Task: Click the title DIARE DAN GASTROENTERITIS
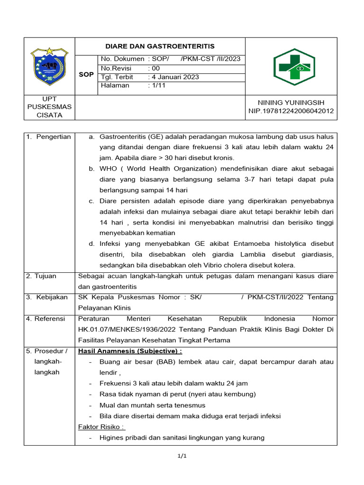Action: [x=160, y=46]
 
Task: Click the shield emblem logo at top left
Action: [x=49, y=65]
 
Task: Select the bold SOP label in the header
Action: [x=86, y=75]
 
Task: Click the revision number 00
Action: [x=155, y=68]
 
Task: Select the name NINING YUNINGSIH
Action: [x=291, y=102]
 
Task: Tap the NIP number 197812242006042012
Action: [x=291, y=111]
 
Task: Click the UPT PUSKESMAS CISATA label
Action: [x=49, y=107]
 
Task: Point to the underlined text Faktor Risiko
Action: [x=101, y=427]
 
